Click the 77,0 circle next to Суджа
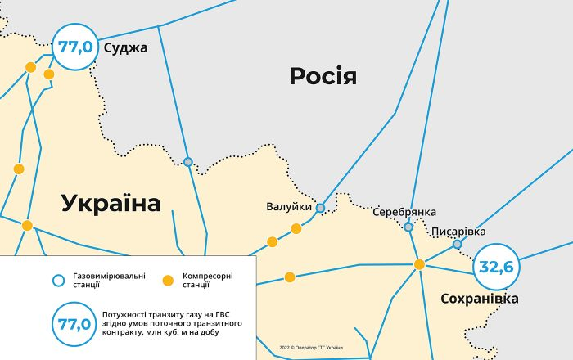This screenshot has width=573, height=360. coord(74,46)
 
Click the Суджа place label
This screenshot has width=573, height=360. coord(125,47)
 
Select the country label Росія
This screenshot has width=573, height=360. coord(323,77)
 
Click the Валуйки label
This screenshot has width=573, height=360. coord(289,206)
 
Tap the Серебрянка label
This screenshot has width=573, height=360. coord(404,212)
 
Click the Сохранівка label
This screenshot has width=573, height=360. coord(479,299)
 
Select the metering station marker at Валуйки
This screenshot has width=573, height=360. coord(320,208)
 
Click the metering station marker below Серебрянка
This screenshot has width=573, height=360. coord(408,227)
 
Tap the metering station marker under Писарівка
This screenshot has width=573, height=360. coord(457,244)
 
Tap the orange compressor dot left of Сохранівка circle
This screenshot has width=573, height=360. coord(419,263)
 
